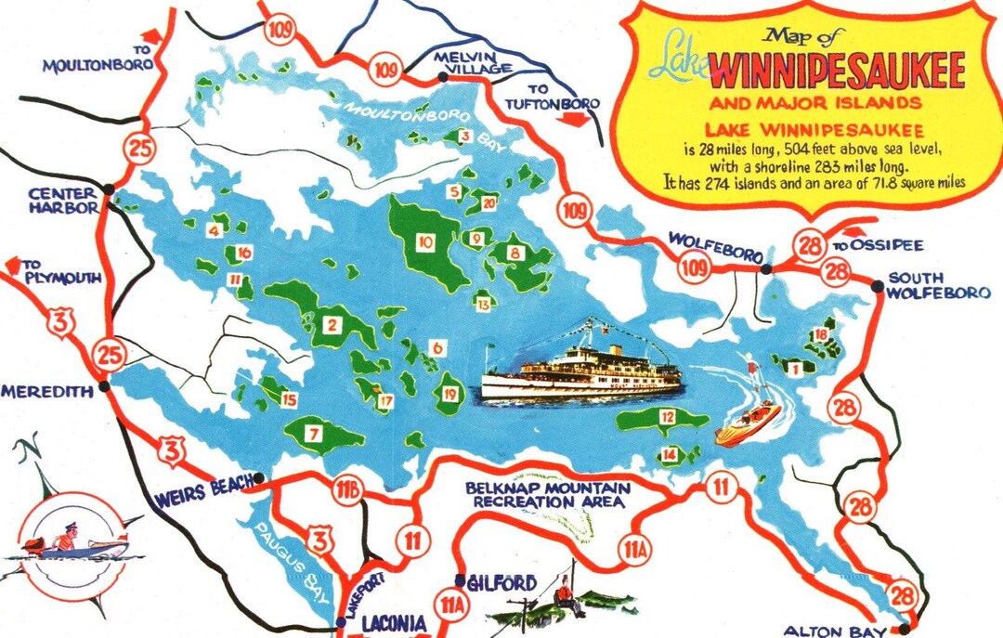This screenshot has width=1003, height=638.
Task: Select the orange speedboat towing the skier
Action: coord(747,424)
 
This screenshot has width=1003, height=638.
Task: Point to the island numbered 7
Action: coord(316,434)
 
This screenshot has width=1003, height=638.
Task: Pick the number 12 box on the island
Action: coord(666,417)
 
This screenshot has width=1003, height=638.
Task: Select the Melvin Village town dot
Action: coord(443,77)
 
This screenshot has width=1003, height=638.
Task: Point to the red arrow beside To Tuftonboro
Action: coord(575,119)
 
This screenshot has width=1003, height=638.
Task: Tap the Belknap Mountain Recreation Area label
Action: coord(551,494)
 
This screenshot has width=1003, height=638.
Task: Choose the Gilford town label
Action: coord(501,583)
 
